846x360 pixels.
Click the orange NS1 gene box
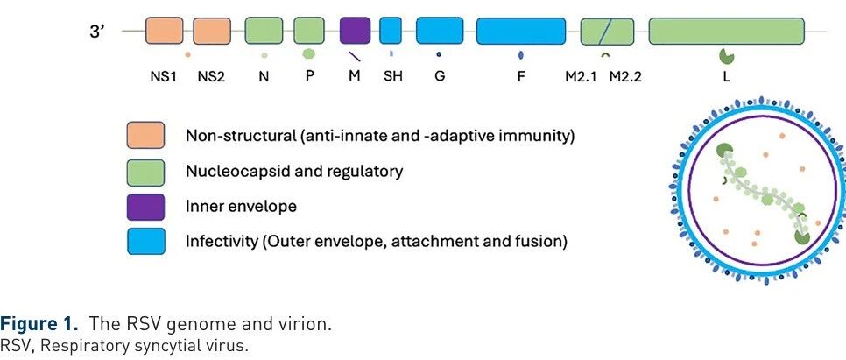[x=164, y=31]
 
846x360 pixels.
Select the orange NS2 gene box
[x=211, y=31]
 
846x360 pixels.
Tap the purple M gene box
[x=355, y=31]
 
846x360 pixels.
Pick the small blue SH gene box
[x=390, y=31]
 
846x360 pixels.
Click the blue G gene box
[x=440, y=31]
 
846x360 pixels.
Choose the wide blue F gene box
[x=520, y=31]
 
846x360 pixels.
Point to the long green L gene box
[x=726, y=31]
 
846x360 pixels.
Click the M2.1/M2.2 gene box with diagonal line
[x=607, y=32]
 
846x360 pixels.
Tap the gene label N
[x=264, y=76]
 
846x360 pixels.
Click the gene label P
[x=309, y=76]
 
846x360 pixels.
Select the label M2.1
[x=581, y=76]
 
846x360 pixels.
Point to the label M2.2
[x=625, y=76]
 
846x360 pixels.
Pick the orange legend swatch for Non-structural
[x=146, y=137]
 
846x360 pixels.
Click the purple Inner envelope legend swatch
[x=146, y=206]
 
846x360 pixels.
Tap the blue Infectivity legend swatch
[x=146, y=241]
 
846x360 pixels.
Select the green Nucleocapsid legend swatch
[x=146, y=171]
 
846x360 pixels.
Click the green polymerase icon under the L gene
[x=726, y=56]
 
